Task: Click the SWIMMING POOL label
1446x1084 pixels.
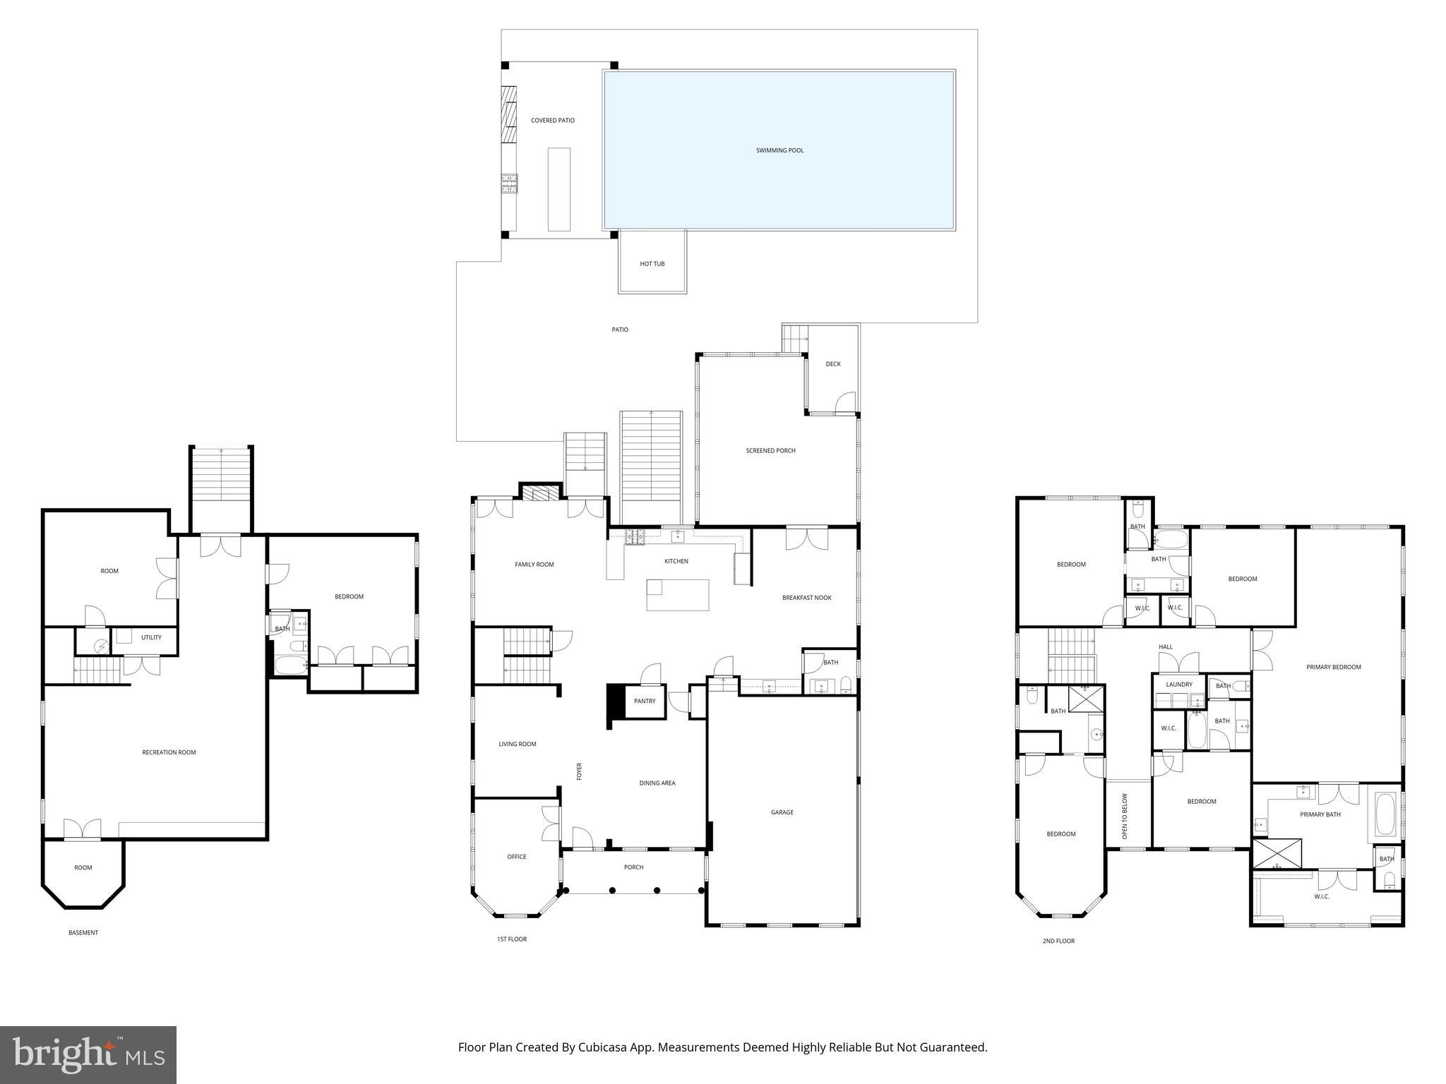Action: point(779,150)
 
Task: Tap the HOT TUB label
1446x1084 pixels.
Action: point(652,264)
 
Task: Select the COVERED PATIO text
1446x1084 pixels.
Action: point(552,121)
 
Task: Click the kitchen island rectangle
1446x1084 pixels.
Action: point(677,595)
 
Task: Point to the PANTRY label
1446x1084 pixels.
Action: point(644,701)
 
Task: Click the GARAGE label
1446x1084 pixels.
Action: point(782,812)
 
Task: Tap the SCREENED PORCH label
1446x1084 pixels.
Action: point(770,450)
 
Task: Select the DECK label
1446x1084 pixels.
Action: point(833,364)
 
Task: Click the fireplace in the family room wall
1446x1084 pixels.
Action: point(540,492)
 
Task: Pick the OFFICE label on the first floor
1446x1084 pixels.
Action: point(516,857)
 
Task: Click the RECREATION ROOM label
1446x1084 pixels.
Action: point(169,752)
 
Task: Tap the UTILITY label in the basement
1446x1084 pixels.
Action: point(151,637)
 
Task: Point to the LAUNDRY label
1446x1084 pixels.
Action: point(1178,685)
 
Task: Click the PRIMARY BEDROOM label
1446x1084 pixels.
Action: point(1333,667)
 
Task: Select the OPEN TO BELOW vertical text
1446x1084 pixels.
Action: point(1125,817)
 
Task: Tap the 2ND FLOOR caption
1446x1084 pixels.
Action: point(1058,941)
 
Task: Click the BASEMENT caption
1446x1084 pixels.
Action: point(83,933)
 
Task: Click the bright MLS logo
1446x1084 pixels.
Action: point(88,1054)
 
